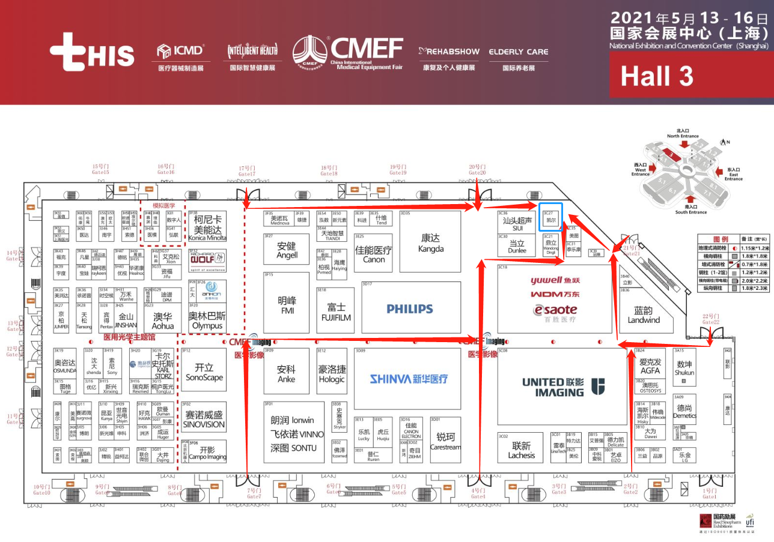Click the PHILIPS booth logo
click(x=410, y=309)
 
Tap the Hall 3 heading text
click(x=656, y=76)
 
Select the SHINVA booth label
click(x=409, y=379)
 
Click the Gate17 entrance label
click(x=246, y=171)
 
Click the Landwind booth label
click(x=644, y=315)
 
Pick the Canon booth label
click(x=374, y=254)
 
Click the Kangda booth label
click(x=431, y=243)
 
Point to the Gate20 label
click(x=477, y=170)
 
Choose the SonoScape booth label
click(x=204, y=373)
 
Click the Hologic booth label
click(x=332, y=375)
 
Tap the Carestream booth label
click(x=445, y=441)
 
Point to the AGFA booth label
click(x=650, y=367)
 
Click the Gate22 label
click(x=710, y=319)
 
